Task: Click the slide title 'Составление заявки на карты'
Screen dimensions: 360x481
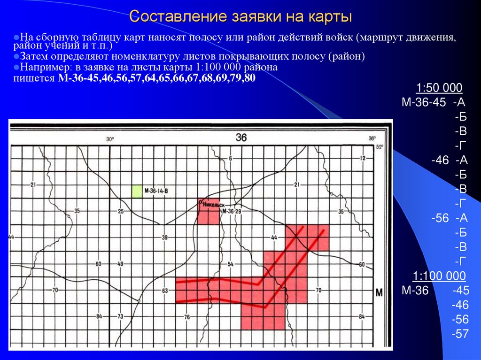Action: pos(240,17)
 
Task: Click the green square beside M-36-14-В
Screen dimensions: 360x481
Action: pos(137,191)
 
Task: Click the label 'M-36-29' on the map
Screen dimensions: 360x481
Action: pos(231,212)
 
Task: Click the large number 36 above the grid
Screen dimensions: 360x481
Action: pos(241,138)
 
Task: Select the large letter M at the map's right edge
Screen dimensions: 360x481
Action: pos(380,292)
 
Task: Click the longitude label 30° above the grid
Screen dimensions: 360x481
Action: pos(110,139)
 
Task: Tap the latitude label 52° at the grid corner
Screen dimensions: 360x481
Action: pos(380,146)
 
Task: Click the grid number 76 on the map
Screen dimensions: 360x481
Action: pos(187,317)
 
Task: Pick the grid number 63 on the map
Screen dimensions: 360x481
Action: pos(164,291)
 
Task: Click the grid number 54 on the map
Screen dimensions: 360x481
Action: pos(230,264)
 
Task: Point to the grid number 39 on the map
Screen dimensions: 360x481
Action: pos(164,238)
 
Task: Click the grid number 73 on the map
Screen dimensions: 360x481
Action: pos(120,316)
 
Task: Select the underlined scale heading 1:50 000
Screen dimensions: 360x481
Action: pos(439,88)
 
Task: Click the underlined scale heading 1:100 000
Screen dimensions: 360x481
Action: pos(439,276)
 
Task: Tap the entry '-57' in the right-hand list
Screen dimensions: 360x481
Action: pos(460,334)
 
